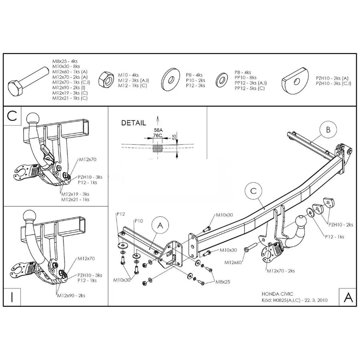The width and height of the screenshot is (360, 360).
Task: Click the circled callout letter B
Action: click(x=328, y=130)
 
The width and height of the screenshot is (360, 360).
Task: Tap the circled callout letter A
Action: click(x=160, y=226)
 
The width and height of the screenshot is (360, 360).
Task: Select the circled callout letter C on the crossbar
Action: click(x=253, y=191)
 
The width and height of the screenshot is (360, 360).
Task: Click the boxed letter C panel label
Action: click(x=12, y=116)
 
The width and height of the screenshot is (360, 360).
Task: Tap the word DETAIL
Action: click(x=134, y=123)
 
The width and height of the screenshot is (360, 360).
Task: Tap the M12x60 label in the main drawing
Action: click(x=234, y=262)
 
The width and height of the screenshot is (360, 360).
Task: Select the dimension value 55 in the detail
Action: click(x=174, y=137)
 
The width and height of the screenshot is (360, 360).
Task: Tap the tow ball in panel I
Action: click(x=31, y=216)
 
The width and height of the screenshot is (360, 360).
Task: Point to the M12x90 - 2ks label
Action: click(x=71, y=296)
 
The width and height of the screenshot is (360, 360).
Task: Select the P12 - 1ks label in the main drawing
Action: click(x=333, y=237)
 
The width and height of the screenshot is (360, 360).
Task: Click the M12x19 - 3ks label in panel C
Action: click(x=75, y=194)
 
